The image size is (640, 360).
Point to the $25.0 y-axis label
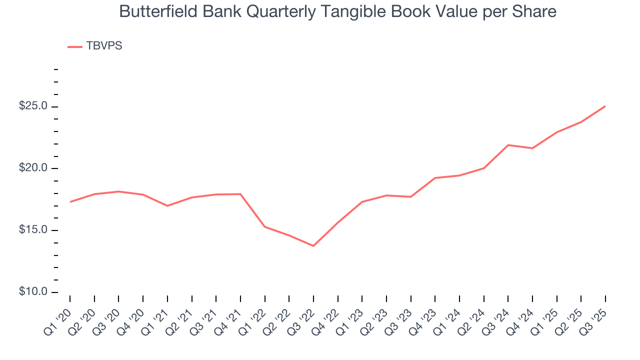33,106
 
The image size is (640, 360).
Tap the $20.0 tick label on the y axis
33,168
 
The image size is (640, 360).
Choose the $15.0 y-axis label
33,230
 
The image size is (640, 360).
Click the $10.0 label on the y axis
33,292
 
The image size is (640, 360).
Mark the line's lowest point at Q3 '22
313,246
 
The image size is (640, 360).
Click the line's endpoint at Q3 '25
605,106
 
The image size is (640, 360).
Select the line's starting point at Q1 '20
70,202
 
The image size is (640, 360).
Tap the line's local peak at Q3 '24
508,145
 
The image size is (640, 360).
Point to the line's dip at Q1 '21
167,205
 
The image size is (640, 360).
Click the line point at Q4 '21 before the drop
240,194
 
